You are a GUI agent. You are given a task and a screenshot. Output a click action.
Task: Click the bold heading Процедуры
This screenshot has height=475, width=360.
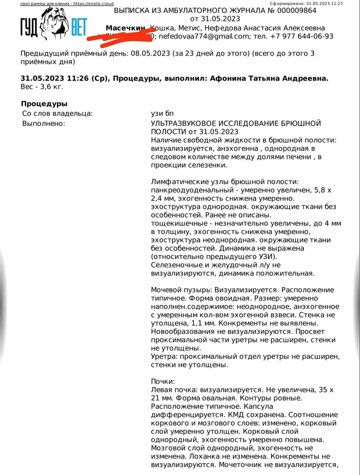click(x=45, y=104)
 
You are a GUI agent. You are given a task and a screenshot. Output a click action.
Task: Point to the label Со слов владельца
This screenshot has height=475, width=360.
click(x=58, y=113)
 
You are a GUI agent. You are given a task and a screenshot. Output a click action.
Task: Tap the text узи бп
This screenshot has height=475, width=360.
click(x=164, y=113)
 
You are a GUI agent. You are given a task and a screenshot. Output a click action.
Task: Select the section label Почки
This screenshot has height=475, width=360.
click(x=163, y=381)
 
